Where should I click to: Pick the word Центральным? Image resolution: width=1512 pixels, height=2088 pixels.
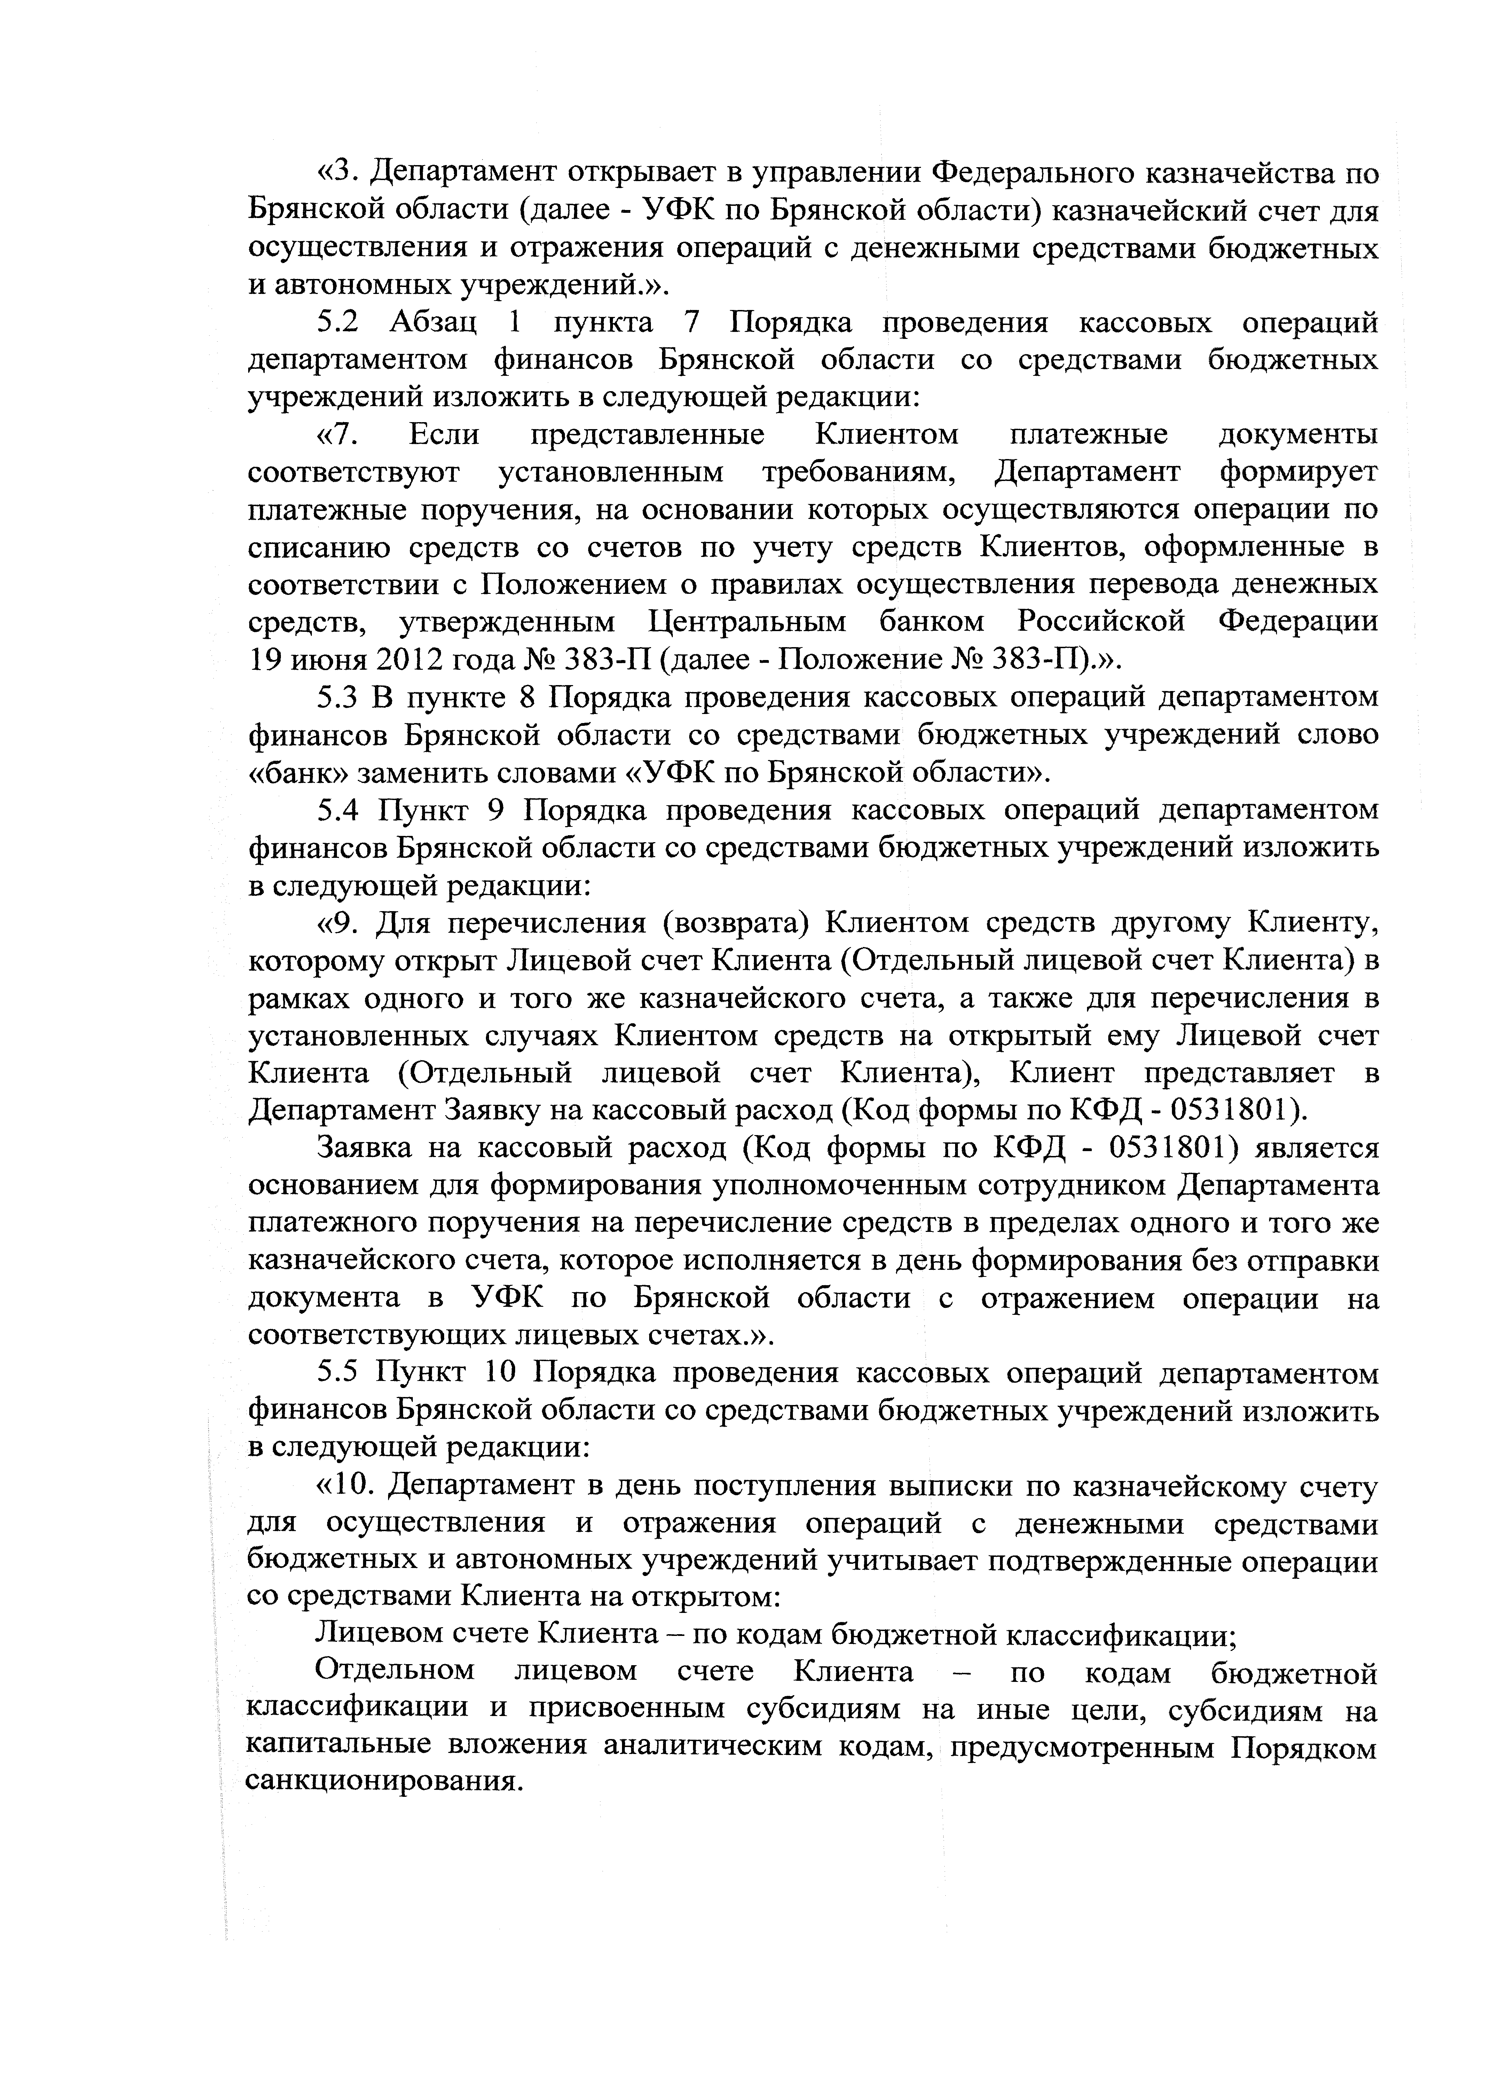click(x=747, y=622)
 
